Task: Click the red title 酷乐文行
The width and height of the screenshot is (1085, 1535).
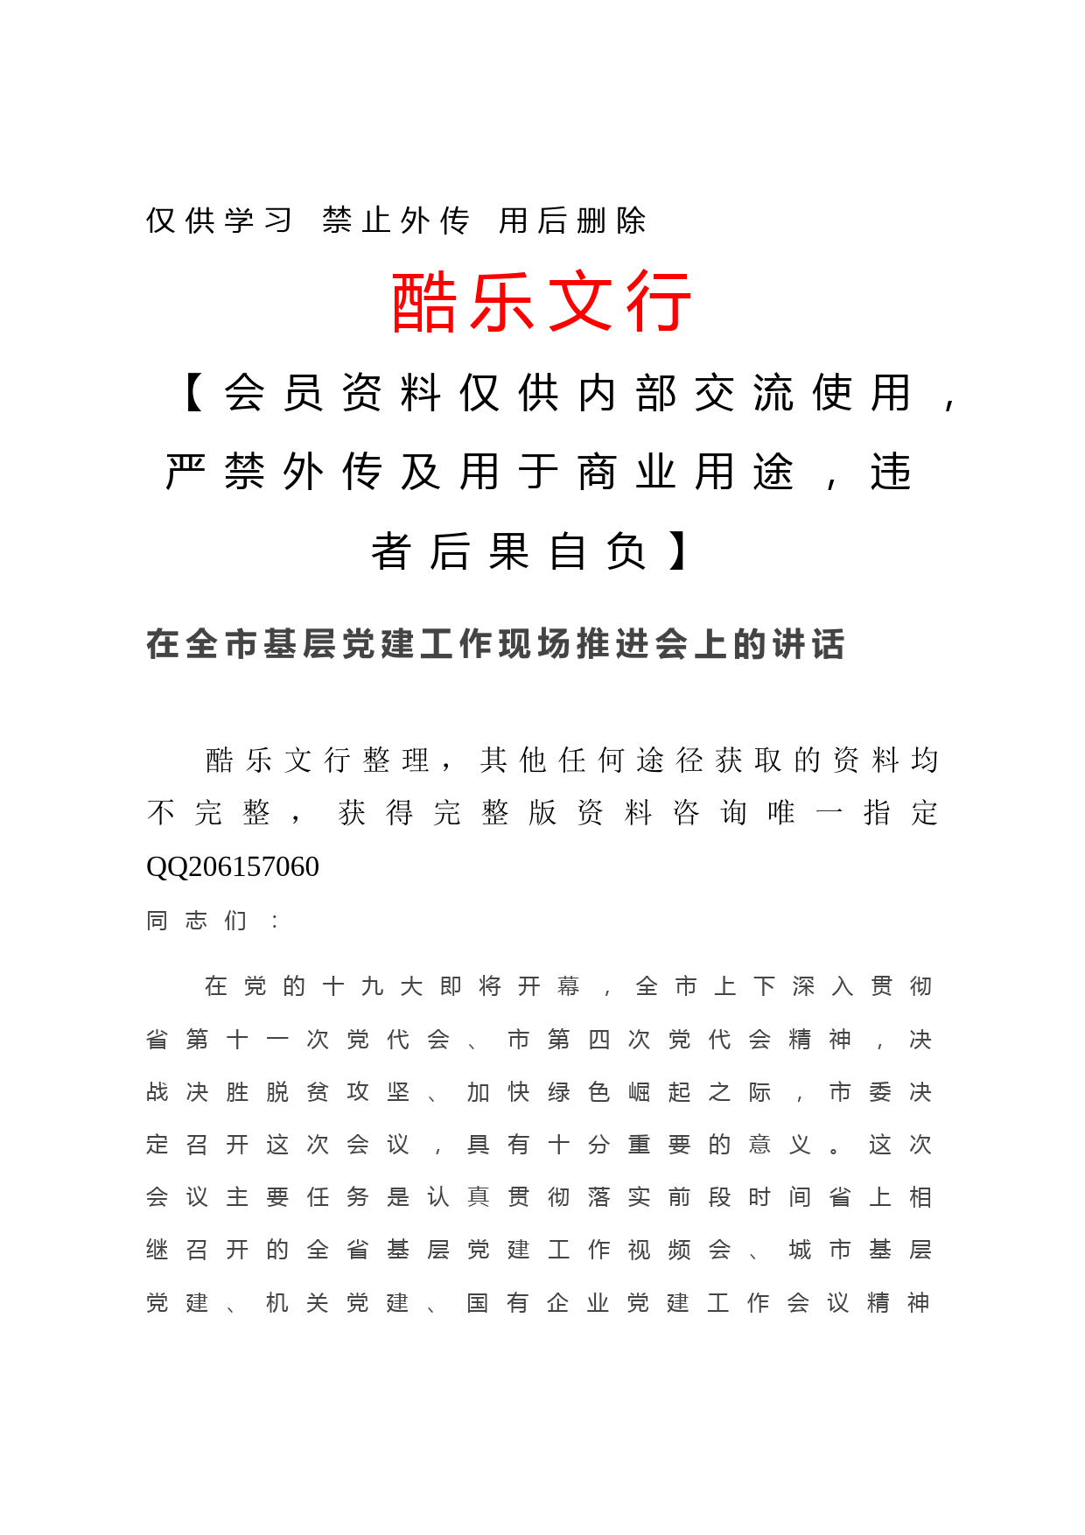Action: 542,302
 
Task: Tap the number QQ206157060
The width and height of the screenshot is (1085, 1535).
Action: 233,866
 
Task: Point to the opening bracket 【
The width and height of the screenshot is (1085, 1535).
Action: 194,392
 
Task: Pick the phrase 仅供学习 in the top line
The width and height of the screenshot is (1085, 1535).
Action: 219,221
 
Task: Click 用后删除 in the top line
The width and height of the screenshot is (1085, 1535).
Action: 572,221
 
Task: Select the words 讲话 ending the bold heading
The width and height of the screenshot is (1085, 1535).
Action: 807,644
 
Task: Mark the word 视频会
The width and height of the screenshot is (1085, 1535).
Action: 679,1250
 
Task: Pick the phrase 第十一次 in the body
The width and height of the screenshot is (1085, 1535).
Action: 257,1040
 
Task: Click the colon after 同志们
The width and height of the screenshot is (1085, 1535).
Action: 276,921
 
